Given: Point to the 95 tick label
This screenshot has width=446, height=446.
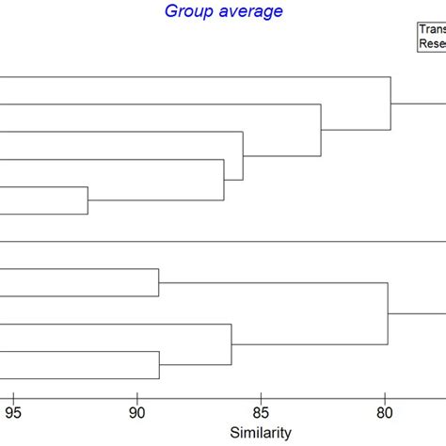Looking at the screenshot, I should (13, 410).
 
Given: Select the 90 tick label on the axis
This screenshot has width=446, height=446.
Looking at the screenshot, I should (137, 410).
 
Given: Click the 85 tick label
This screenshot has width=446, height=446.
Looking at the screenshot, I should (261, 410).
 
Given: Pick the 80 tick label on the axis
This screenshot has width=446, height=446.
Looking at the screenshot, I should (385, 410).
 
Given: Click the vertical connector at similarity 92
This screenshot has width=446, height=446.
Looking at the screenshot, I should (88, 200).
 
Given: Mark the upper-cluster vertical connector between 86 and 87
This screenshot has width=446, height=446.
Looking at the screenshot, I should (224, 180).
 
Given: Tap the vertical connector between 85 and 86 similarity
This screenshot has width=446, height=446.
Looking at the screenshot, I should (243, 155).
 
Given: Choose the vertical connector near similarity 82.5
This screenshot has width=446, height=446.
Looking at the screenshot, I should (321, 130).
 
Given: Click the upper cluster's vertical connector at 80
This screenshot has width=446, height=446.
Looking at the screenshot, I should (390, 103).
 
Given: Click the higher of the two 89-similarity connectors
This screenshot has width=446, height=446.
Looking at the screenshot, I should (159, 282).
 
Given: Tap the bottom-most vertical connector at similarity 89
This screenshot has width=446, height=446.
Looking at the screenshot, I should (159, 365).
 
